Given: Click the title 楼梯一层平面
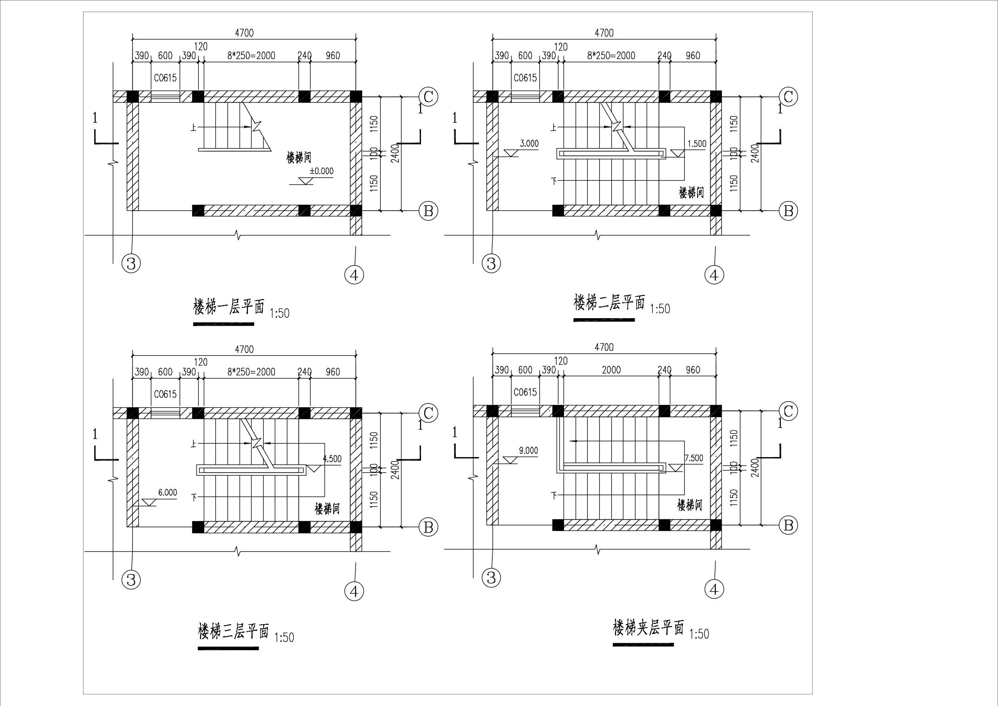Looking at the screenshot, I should click(x=228, y=307).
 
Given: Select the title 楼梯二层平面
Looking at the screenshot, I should click(x=609, y=303).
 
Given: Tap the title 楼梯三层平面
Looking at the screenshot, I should click(x=233, y=631).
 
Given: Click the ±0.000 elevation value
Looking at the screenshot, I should click(x=321, y=171).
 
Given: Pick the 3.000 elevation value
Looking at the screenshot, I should click(x=529, y=144).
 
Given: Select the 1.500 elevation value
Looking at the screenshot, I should click(x=696, y=144).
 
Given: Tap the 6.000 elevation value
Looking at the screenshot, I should click(x=167, y=492).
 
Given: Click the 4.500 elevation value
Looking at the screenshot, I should click(x=332, y=459).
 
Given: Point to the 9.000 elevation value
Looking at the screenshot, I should click(x=528, y=450).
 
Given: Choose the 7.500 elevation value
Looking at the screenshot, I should click(x=693, y=458).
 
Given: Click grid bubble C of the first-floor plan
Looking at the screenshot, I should click(x=428, y=97).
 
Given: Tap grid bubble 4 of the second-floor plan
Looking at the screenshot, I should click(x=714, y=275).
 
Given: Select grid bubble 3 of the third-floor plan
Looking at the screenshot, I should click(x=131, y=580).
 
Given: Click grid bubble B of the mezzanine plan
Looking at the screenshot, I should click(x=788, y=525).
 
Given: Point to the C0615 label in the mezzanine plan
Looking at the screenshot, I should click(x=525, y=392).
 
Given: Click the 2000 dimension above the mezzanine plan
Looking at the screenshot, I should click(x=611, y=370).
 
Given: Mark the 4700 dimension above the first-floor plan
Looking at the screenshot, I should click(x=244, y=33).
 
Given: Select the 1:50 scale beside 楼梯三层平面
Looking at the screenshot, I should click(x=284, y=637).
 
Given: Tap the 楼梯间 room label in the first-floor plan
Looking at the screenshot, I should click(x=298, y=157).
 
